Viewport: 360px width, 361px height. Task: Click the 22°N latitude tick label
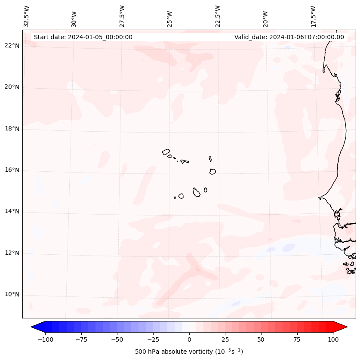pos(12,46)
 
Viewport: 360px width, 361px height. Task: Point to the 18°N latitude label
pos(12,129)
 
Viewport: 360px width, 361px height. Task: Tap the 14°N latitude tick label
pos(12,211)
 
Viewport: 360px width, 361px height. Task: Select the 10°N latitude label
pos(12,294)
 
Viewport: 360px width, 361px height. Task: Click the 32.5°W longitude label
pos(27,16)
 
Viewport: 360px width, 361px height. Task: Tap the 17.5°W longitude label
pos(313,16)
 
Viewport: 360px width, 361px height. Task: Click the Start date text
pos(83,37)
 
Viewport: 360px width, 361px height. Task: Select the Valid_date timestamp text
pos(289,37)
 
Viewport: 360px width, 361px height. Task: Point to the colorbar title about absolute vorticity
pos(189,352)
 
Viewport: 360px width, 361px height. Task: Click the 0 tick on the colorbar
pos(189,339)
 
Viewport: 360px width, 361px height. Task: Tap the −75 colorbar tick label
pos(81,339)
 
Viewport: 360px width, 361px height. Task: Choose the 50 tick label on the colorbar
pos(261,339)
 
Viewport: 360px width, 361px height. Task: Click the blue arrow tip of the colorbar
pos(33,327)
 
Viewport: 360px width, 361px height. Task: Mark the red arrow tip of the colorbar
pos(345,327)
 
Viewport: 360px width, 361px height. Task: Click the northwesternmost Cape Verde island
pos(166,151)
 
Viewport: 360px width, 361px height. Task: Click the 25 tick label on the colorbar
pos(225,339)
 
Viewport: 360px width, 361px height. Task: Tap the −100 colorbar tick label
pos(45,339)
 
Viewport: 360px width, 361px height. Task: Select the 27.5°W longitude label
pos(122,16)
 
